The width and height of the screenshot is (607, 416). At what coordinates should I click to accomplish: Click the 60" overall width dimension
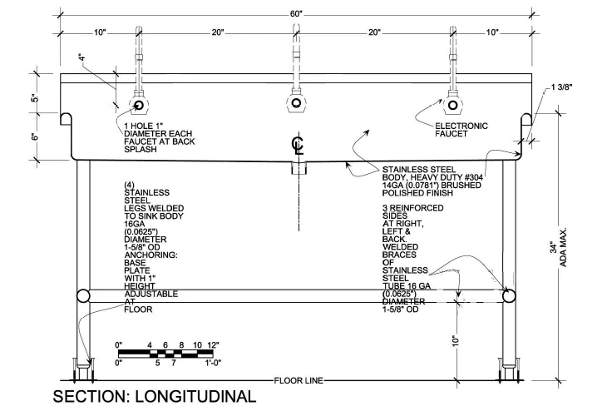[296, 14]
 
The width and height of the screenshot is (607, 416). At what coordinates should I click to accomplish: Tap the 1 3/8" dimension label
[562, 87]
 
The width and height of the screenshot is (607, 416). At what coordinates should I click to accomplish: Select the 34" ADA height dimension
[554, 248]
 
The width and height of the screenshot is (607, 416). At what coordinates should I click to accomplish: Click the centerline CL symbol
[298, 146]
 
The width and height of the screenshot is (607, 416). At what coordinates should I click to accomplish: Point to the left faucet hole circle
[139, 105]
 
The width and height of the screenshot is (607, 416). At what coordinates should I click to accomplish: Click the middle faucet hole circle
[296, 103]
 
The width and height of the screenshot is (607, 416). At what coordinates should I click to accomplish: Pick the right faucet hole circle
[452, 105]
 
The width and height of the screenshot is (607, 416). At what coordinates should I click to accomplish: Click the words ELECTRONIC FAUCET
[461, 130]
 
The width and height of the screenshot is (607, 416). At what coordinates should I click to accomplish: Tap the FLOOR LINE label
[299, 381]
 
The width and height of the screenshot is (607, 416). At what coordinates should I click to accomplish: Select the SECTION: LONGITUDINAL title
[155, 396]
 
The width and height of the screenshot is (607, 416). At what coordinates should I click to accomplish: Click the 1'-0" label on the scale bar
[213, 363]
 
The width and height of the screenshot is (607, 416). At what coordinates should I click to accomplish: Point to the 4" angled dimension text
[81, 58]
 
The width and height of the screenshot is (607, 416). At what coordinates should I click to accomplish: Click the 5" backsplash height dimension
[35, 98]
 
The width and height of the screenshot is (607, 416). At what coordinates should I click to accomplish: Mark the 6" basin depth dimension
[35, 136]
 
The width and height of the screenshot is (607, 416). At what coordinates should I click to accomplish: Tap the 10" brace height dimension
[456, 340]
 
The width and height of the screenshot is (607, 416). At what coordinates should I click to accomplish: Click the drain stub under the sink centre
[298, 168]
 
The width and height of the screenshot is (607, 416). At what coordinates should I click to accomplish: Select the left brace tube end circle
[83, 296]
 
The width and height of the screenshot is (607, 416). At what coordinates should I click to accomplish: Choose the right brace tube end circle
[509, 296]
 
